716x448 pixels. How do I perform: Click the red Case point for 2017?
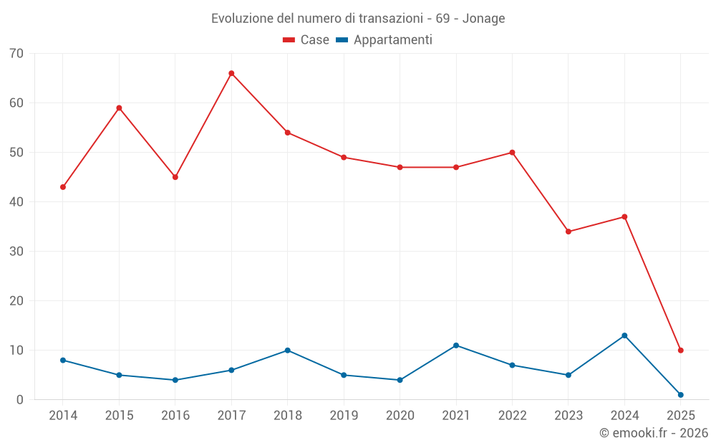(231, 73)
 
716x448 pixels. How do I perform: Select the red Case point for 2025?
(680, 351)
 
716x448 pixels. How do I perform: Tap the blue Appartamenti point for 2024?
(624, 335)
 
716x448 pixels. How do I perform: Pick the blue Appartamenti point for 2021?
(456, 345)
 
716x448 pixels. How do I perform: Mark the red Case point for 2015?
(119, 108)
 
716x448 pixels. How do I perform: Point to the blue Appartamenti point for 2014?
(63, 360)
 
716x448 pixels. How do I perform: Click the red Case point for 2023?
(569, 232)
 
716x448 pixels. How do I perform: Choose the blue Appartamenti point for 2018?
(287, 351)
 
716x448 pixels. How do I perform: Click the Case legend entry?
(306, 40)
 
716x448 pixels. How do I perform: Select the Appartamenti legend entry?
(384, 40)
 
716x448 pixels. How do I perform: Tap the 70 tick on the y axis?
(16, 54)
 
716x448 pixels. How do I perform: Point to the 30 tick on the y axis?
(16, 252)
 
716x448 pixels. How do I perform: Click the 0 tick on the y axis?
(20, 400)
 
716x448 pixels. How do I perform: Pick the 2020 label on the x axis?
(400, 416)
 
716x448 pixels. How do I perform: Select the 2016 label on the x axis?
(175, 416)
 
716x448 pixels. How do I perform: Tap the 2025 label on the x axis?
(680, 416)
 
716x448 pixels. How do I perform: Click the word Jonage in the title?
(483, 19)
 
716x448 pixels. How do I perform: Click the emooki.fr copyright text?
(653, 433)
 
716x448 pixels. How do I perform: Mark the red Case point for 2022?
(512, 153)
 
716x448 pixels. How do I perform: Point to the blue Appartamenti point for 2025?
(680, 395)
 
